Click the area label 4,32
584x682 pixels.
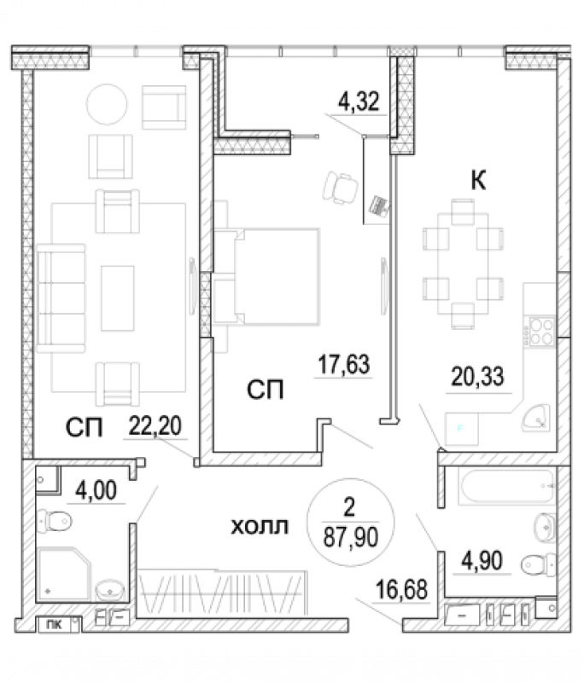[359, 101]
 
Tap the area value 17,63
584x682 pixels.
[344, 365]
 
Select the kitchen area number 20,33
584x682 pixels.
[478, 377]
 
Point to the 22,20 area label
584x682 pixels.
[155, 426]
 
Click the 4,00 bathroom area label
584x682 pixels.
[96, 491]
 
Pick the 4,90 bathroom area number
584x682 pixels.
[482, 561]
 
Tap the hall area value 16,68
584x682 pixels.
[401, 590]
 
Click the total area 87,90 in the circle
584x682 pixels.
[351, 537]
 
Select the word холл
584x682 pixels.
[260, 527]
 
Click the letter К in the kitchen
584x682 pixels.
[478, 180]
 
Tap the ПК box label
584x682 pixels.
[54, 625]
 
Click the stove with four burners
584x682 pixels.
[541, 332]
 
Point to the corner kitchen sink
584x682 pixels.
[536, 418]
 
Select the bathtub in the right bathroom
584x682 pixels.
[507, 486]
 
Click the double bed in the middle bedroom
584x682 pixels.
[266, 276]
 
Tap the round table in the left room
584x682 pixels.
[107, 104]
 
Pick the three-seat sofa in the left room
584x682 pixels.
[61, 298]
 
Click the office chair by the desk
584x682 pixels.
[340, 188]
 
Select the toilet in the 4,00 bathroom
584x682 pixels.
[54, 521]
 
